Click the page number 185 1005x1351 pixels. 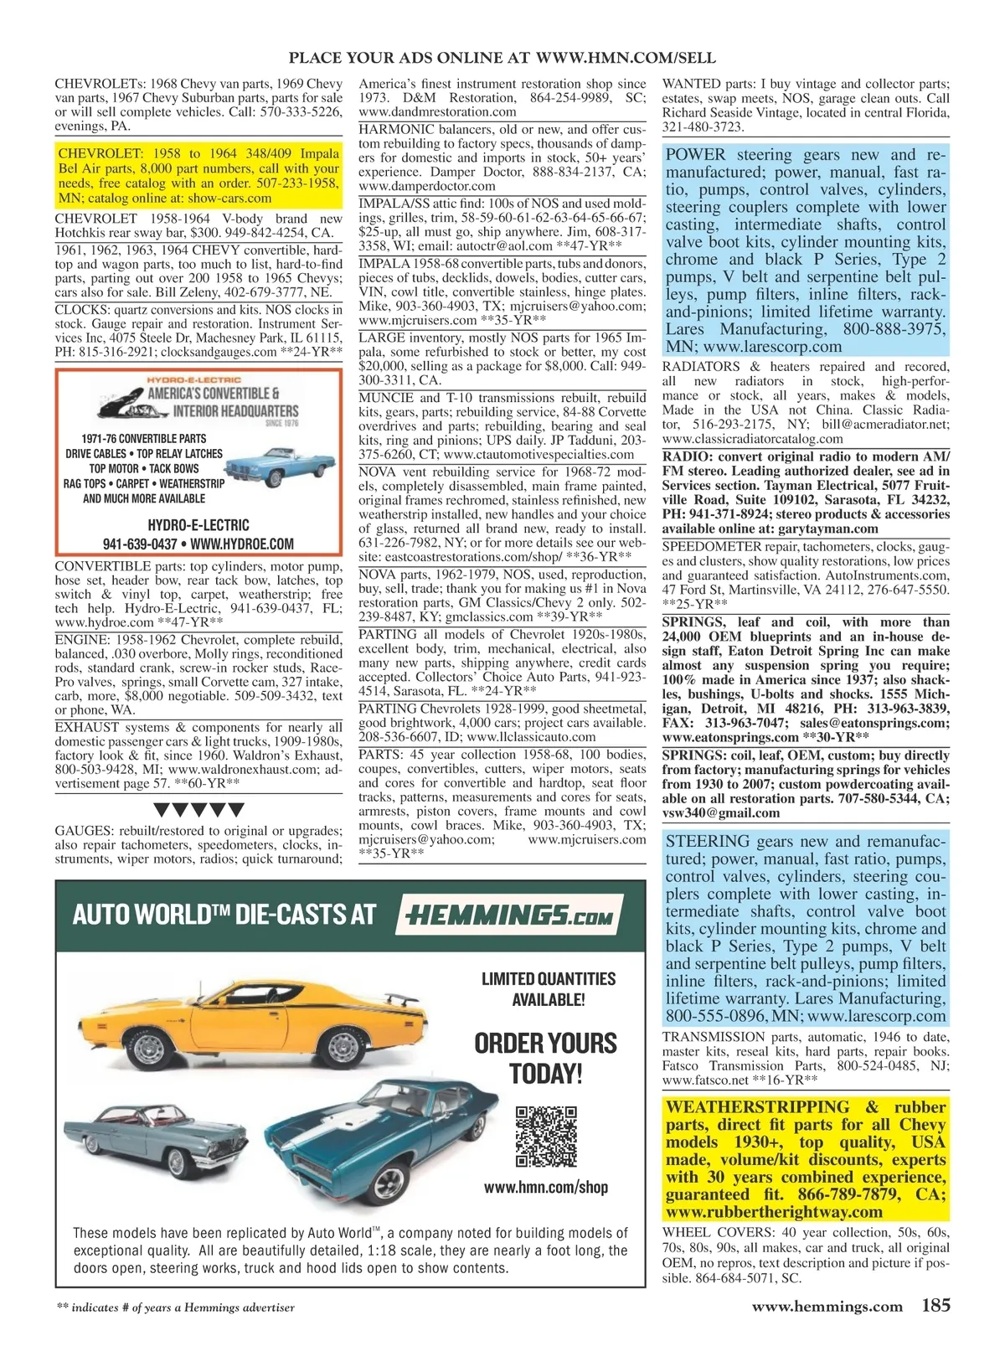point(935,1305)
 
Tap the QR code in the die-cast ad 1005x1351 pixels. point(546,1137)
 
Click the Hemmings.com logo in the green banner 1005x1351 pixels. point(510,913)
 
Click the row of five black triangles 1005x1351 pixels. point(199,810)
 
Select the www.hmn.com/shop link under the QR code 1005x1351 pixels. point(546,1187)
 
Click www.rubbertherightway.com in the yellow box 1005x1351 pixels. point(774,1211)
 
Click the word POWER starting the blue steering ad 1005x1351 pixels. point(697,155)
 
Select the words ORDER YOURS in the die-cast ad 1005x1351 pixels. point(545,1043)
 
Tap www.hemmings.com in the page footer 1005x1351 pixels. point(827,1306)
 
